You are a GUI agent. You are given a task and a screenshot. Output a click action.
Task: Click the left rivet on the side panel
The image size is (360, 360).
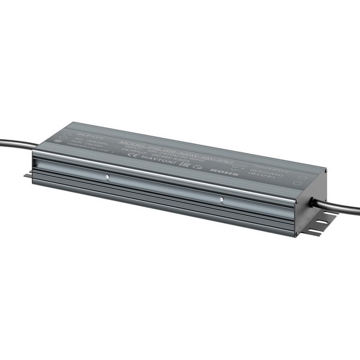107,177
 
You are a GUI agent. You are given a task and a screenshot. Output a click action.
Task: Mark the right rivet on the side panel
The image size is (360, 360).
221,199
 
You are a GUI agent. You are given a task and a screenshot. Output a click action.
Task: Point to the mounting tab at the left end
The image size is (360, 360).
28,175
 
